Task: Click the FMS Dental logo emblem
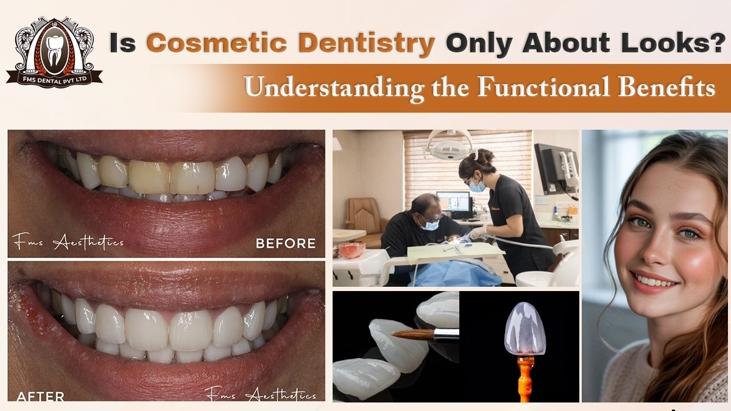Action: coord(54,52)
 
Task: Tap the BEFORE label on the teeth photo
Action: coord(285,244)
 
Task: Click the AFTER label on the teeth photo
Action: coord(40,396)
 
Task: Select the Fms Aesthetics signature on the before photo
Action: coord(68,243)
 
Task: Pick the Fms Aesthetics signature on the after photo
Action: coord(260,395)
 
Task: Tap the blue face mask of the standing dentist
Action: coord(477,186)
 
